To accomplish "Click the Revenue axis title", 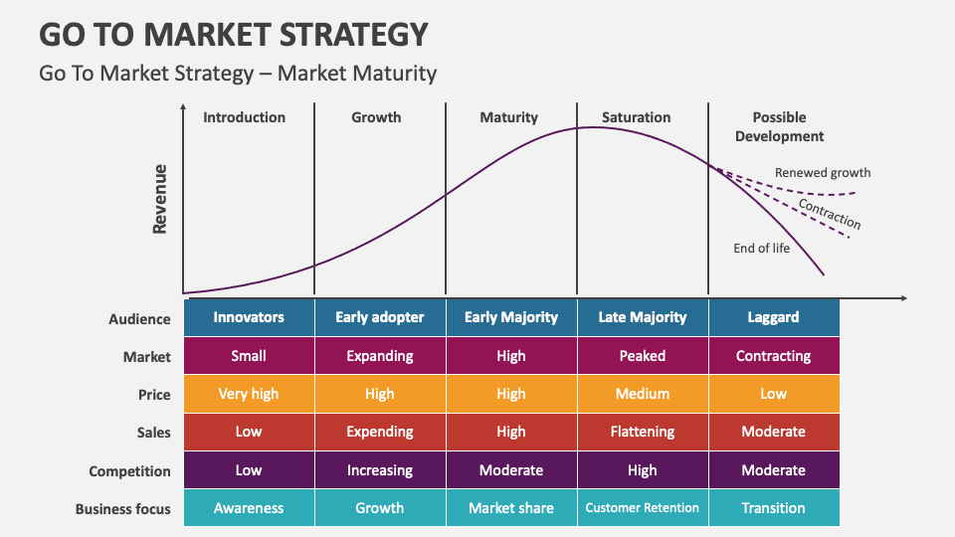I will point(159,199).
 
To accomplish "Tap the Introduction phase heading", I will point(244,117).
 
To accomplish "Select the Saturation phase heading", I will point(636,117).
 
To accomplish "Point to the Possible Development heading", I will point(779,126).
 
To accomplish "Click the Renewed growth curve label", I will point(823,173).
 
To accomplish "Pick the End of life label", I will point(761,248).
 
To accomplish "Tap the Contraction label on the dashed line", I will point(830,213).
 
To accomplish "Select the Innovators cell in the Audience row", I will point(249,317).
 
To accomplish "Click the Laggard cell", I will point(773,317).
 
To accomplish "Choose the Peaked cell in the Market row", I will point(642,356).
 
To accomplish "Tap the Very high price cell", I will point(249,394).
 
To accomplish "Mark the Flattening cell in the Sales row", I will point(642,432).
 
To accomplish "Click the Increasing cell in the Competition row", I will point(379,470).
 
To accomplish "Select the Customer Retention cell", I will point(642,508).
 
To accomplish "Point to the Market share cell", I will point(510,508).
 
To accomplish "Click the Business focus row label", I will point(123,509).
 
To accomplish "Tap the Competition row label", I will point(129,471).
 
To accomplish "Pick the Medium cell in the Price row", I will point(642,394).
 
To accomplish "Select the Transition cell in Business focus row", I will point(773,508).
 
